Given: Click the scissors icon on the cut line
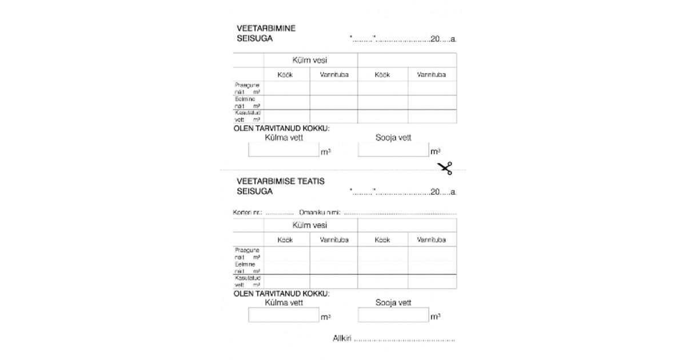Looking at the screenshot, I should coord(445,168).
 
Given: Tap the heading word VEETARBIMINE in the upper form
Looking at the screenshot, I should coord(266,28).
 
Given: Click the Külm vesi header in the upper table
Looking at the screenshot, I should coord(310,60).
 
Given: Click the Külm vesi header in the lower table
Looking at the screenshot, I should coord(310,225).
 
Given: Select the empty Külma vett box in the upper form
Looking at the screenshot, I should coord(284,150).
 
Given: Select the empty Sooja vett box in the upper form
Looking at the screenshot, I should coord(393,150).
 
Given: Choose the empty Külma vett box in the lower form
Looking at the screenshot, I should coord(284,315).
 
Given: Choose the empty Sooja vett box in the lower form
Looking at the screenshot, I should coord(393,315).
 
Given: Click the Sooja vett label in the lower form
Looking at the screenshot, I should coord(393,303).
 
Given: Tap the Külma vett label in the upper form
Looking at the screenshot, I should coord(284,138).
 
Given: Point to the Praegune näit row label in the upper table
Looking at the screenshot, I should coord(248,88).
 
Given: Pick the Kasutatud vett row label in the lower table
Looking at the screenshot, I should coord(248,281).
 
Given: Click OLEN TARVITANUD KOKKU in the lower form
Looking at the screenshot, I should coord(282,294).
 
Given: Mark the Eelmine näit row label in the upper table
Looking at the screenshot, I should coord(248,102).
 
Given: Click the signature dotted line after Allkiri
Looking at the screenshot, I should coord(404,340).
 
